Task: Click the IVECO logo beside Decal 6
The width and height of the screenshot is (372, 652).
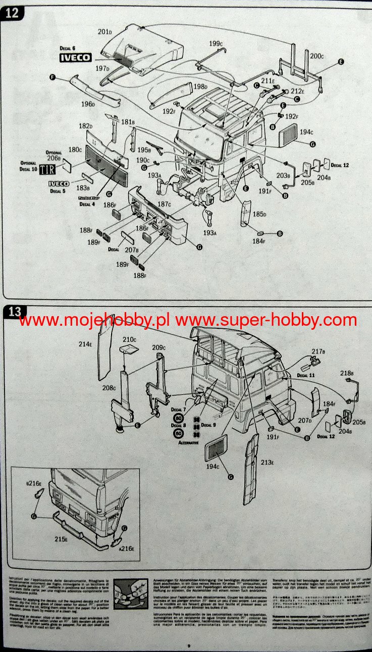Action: click(x=76, y=57)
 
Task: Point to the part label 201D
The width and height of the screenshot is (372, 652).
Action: click(x=104, y=32)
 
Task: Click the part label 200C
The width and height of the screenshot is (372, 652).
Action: click(x=317, y=55)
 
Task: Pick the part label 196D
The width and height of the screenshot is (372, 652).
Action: click(x=87, y=104)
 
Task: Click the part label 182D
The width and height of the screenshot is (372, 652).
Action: click(x=85, y=126)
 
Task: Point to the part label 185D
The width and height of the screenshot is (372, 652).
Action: click(x=259, y=214)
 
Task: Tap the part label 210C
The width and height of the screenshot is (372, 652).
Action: click(x=130, y=339)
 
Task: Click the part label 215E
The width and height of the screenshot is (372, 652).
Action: click(x=61, y=539)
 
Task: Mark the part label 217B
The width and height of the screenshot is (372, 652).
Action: click(x=318, y=351)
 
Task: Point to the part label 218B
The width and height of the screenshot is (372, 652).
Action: click(x=346, y=373)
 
